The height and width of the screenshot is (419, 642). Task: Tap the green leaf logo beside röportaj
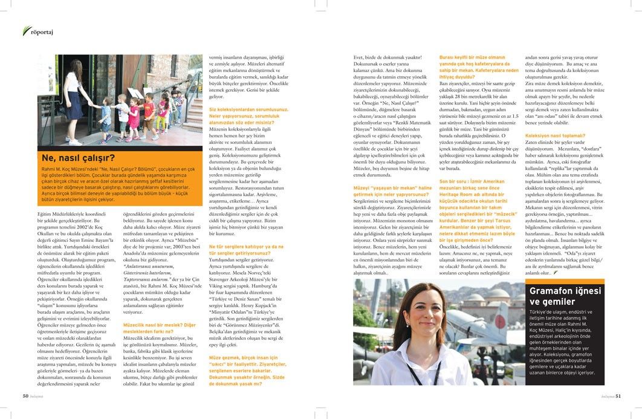25,31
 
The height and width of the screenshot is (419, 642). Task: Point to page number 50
26,397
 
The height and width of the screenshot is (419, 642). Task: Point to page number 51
617,397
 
